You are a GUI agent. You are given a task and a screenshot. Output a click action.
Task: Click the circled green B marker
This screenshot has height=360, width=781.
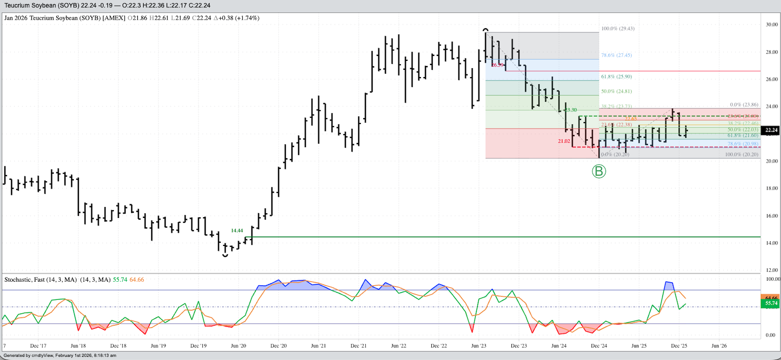pos(599,171)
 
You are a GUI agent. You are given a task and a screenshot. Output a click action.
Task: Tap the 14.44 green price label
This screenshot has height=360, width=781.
pos(237,231)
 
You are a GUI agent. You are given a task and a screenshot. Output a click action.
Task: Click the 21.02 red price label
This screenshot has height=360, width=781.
pos(564,141)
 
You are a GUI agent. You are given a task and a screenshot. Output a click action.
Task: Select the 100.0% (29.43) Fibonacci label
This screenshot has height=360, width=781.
pos(618,29)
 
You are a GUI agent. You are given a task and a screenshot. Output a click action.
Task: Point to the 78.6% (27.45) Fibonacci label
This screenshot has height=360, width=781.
pos(616,56)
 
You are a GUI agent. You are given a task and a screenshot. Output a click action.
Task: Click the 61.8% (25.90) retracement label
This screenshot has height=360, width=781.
pos(616,77)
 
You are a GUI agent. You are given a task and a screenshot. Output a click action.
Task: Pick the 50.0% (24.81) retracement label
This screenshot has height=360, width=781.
pos(616,91)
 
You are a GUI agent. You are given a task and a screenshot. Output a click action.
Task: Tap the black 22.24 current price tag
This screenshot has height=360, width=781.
pos(771,130)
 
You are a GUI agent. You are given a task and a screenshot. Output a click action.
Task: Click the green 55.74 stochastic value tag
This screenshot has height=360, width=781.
pos(771,304)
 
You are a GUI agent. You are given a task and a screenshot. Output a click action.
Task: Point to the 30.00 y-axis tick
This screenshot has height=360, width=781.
pos(772,25)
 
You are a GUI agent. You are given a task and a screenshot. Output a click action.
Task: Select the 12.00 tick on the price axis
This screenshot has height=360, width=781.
pos(772,270)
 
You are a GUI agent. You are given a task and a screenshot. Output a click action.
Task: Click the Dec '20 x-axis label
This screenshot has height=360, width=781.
pos(279,346)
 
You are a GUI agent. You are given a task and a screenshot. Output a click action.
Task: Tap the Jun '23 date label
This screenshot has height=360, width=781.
pos(479,346)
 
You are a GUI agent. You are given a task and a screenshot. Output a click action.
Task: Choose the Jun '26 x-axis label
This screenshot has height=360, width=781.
pos(719,346)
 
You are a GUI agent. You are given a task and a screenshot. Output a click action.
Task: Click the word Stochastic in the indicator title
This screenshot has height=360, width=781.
pos(18,280)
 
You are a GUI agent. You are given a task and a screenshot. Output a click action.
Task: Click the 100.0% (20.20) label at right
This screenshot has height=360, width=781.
pos(742,154)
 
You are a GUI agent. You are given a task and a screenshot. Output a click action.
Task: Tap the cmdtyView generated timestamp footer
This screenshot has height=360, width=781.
pos(60,356)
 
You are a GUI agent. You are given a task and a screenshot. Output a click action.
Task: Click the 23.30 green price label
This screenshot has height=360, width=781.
pos(571,110)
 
